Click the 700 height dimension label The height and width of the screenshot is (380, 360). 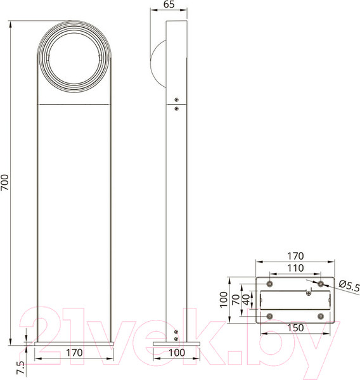(x=6, y=182)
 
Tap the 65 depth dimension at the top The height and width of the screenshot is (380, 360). (x=168, y=5)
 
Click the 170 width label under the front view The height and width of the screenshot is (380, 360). (x=75, y=352)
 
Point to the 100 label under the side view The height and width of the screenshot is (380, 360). (x=177, y=352)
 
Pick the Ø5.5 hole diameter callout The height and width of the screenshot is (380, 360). (x=349, y=286)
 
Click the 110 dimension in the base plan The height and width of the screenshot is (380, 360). (x=295, y=269)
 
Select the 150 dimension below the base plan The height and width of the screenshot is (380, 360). (x=295, y=327)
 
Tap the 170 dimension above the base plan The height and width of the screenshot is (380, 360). (x=295, y=256)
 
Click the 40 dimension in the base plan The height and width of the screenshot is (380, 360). (x=247, y=300)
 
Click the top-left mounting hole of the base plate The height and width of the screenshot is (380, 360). (x=271, y=282)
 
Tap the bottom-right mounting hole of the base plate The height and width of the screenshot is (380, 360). (x=320, y=315)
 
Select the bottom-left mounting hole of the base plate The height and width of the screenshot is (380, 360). (x=271, y=315)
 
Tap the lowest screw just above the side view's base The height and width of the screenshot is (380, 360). (x=176, y=338)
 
